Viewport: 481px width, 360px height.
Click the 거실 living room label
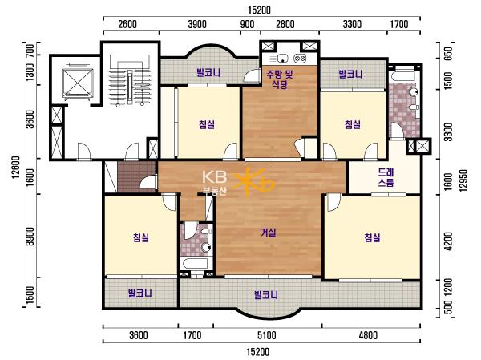coord(268,233)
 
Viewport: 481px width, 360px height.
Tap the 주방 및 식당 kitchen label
coord(280,79)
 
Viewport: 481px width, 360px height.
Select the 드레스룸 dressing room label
coord(386,177)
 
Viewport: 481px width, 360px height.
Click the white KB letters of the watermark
coord(214,177)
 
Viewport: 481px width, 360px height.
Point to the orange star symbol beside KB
coord(254,180)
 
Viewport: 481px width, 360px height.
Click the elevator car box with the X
coord(78,83)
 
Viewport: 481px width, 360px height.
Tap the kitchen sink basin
coord(282,58)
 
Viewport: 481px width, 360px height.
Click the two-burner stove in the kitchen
coord(300,58)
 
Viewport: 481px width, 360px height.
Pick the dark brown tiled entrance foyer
coord(137,177)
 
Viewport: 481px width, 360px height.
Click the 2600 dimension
coord(127,24)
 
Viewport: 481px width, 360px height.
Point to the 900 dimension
coord(247,24)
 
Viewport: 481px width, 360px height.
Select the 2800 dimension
coord(285,24)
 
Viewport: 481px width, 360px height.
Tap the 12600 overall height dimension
coord(16,168)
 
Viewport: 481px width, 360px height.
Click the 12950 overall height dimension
coord(463,180)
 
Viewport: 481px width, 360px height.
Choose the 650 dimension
coord(448,54)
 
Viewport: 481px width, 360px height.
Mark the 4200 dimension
coord(448,241)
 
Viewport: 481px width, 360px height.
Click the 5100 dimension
coord(267,335)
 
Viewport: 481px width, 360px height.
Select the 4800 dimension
coord(368,335)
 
